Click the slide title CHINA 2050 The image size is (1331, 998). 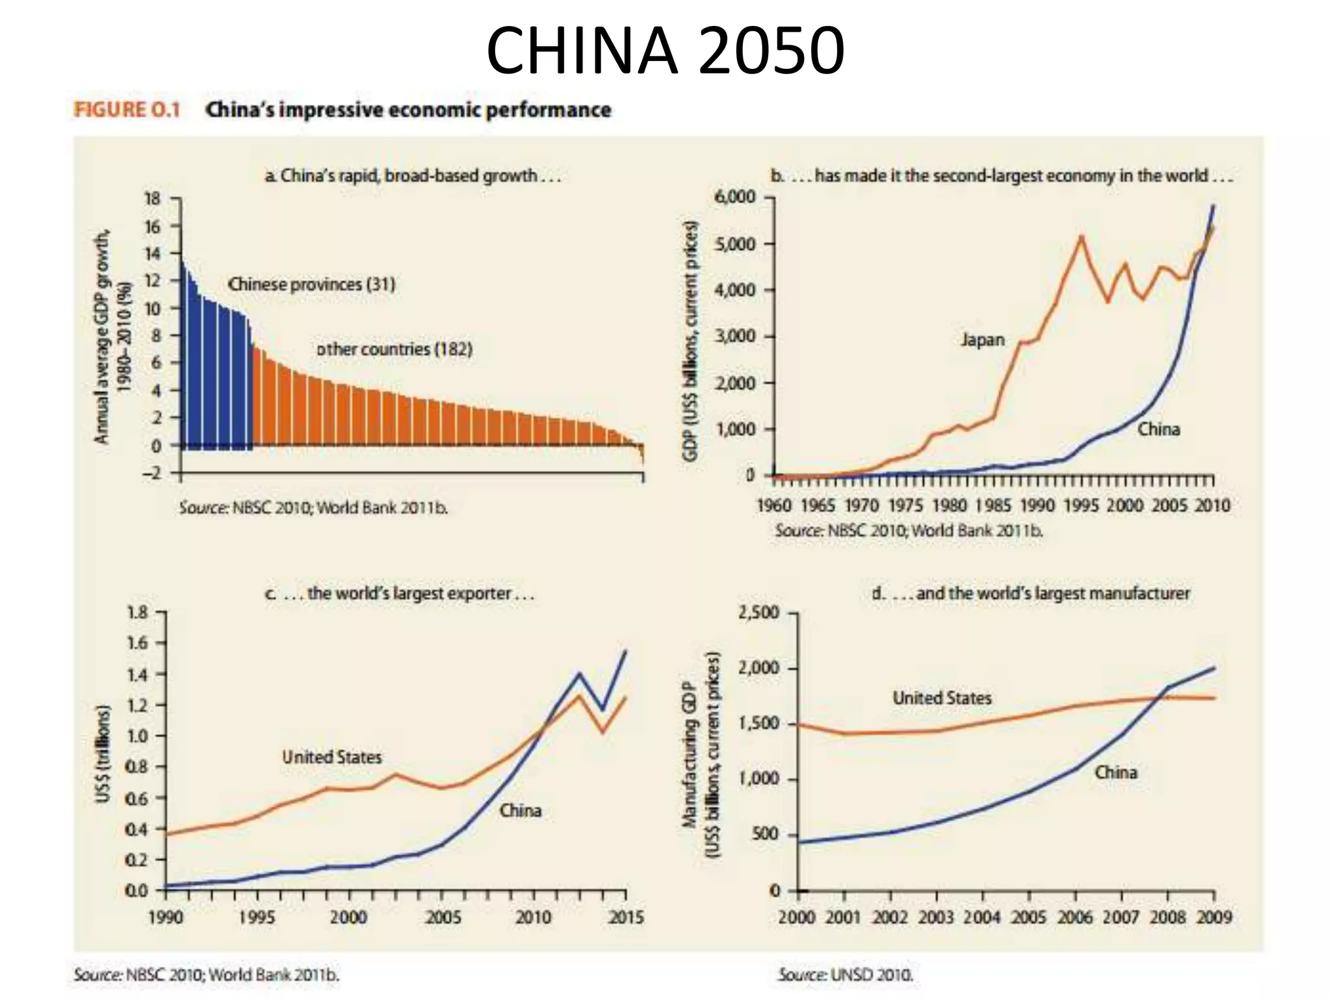(665, 51)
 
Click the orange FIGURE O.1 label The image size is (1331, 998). (127, 110)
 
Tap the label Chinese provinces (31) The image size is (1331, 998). (311, 285)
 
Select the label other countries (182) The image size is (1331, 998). (394, 350)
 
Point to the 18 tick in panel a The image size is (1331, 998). (151, 199)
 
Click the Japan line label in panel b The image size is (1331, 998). (982, 340)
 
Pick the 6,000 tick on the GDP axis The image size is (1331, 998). (734, 197)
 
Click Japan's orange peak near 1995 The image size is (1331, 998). (1081, 237)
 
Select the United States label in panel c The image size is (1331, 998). (331, 757)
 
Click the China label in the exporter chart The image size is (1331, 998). (520, 810)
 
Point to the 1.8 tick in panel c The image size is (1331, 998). (137, 613)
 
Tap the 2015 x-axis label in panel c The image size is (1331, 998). (626, 917)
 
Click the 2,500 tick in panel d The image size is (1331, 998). (758, 613)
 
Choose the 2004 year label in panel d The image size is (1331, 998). (982, 917)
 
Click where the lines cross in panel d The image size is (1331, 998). (1158, 697)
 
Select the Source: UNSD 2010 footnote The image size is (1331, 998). (846, 975)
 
